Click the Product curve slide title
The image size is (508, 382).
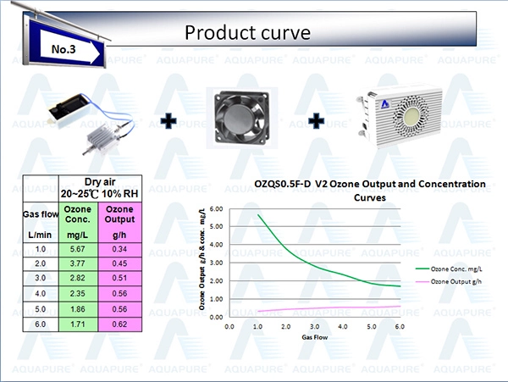pyautogui.click(x=247, y=32)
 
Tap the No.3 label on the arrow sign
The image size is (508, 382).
pyautogui.click(x=63, y=49)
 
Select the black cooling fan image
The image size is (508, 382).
pyautogui.click(x=242, y=118)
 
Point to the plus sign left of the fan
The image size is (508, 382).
pyautogui.click(x=168, y=121)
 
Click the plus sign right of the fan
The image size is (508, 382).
pyautogui.click(x=316, y=121)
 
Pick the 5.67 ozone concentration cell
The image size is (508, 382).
pyautogui.click(x=78, y=249)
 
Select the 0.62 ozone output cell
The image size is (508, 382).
pyautogui.click(x=119, y=324)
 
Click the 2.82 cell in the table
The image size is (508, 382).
pyautogui.click(x=78, y=278)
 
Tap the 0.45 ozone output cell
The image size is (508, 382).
pyautogui.click(x=119, y=263)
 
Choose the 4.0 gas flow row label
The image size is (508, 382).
pyautogui.click(x=40, y=294)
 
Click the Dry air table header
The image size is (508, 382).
pyautogui.click(x=100, y=188)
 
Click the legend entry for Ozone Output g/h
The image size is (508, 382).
pyautogui.click(x=449, y=281)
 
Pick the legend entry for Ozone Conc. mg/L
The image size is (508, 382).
pyautogui.click(x=449, y=269)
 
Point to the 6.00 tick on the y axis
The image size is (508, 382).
pyautogui.click(x=217, y=209)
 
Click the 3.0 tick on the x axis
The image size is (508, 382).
pyautogui.click(x=314, y=326)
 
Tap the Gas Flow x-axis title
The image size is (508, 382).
pyautogui.click(x=315, y=337)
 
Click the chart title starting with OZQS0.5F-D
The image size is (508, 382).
pyautogui.click(x=370, y=191)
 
